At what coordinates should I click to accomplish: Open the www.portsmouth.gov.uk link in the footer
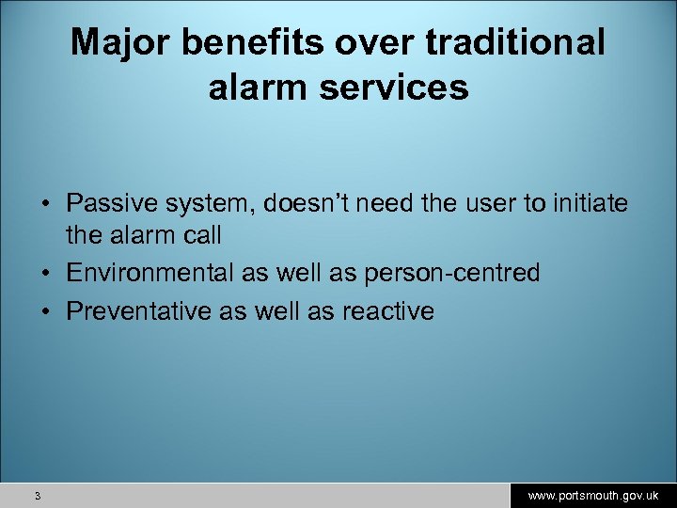point(592,495)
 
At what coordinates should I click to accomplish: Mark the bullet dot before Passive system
point(44,204)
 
